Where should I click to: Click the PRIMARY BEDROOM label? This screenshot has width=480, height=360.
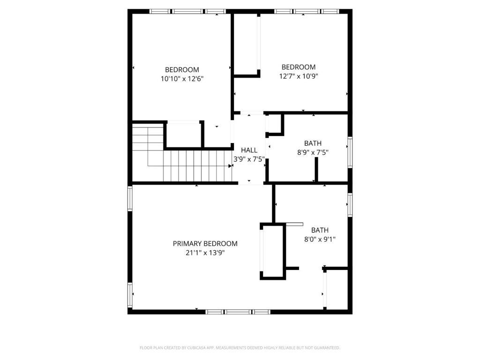(x=205, y=244)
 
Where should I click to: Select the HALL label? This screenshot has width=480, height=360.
(x=249, y=150)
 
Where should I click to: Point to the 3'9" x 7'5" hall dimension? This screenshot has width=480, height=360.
(x=249, y=159)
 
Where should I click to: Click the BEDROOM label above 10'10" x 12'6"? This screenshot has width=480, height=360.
(x=182, y=70)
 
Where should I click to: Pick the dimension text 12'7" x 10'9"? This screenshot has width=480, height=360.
(x=299, y=76)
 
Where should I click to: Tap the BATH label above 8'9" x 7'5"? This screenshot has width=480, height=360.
(x=313, y=143)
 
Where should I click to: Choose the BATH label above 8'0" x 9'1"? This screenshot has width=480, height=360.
(x=320, y=230)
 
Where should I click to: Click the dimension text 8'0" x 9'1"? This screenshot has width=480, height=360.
(x=320, y=240)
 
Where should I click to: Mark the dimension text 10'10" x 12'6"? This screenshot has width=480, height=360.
(x=182, y=79)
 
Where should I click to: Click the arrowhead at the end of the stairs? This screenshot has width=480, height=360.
(x=230, y=166)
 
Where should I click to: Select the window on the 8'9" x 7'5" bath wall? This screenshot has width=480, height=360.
(x=350, y=152)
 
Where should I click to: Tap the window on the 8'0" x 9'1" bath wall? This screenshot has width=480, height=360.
(x=350, y=205)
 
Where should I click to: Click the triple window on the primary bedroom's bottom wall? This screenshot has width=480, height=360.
(x=238, y=312)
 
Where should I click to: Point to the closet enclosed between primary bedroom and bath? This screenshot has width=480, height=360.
(x=273, y=251)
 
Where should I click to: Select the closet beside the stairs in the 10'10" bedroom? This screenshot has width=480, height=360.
(x=184, y=135)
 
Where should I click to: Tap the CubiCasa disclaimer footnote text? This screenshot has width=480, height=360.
(x=240, y=348)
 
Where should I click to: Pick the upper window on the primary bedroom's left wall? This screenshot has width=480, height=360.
(x=130, y=198)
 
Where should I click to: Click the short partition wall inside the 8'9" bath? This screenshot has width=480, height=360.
(x=316, y=170)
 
